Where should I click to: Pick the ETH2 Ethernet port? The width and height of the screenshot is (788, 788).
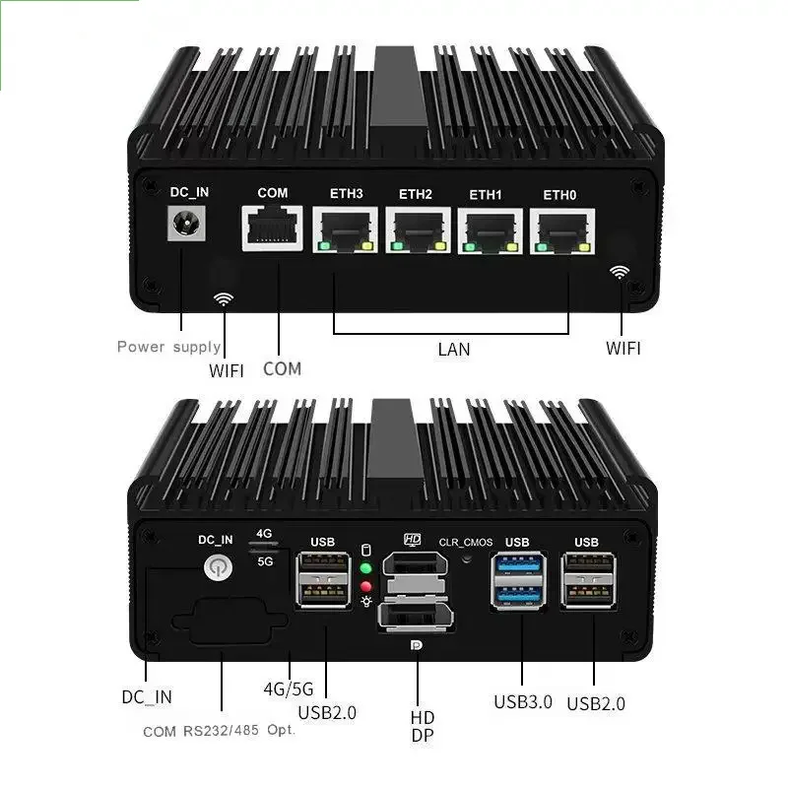pos(416,230)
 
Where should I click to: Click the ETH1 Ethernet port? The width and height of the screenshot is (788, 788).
pos(487,230)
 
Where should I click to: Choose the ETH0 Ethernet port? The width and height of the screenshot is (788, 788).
pos(559,230)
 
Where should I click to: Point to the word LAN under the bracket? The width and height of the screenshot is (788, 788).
pos(453,349)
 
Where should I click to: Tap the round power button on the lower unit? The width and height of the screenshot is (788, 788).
pos(216,567)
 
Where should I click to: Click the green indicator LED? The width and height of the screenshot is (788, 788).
pos(366,568)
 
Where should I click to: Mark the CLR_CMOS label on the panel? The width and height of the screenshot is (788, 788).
pos(466,542)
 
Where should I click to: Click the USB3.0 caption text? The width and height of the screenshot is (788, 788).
pos(522,702)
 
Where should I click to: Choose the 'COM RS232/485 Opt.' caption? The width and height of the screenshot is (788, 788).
pos(219,731)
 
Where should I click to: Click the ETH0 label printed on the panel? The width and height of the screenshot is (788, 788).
pos(559,194)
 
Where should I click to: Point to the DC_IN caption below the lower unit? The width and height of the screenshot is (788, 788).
pos(147,696)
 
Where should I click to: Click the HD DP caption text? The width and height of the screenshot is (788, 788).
pos(423,726)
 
